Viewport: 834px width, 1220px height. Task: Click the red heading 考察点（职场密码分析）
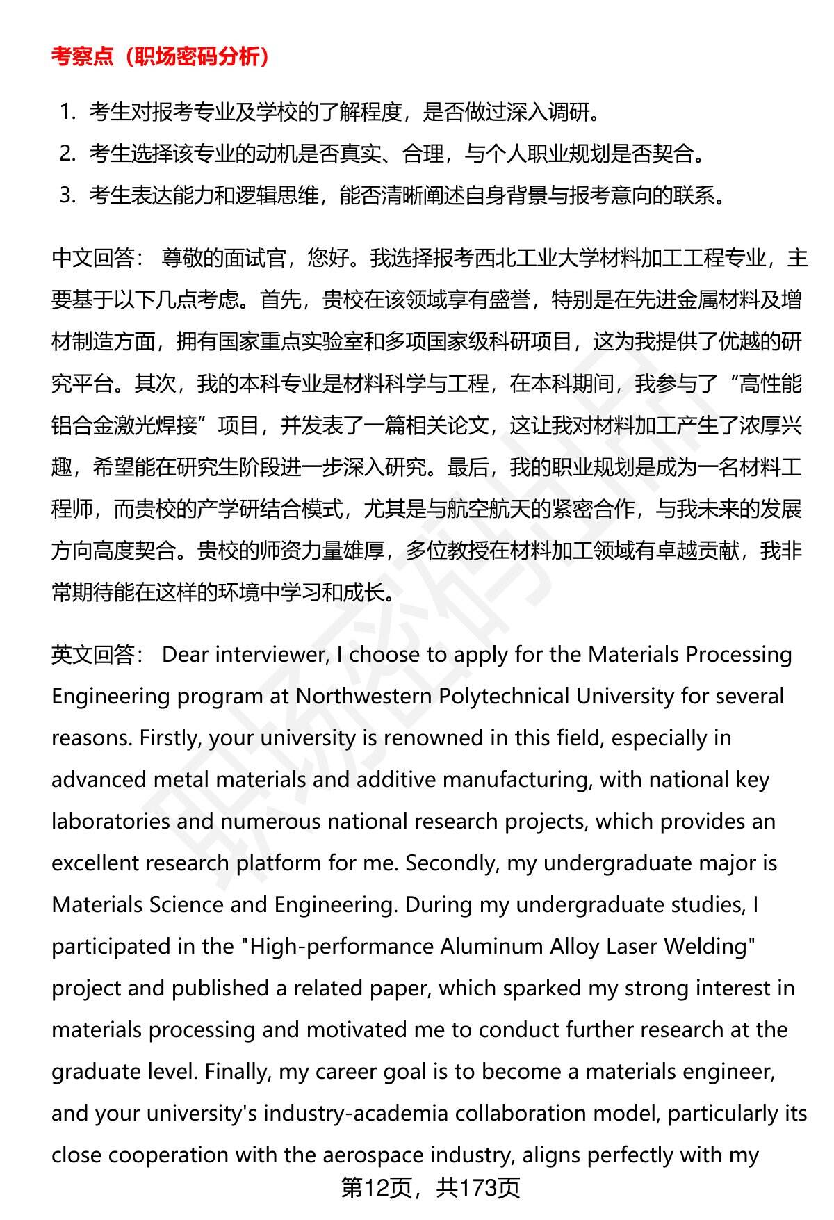(x=160, y=57)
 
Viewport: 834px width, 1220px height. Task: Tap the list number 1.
(x=66, y=112)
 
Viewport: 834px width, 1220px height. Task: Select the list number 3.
(x=66, y=195)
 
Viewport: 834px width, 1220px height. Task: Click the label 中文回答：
(x=97, y=259)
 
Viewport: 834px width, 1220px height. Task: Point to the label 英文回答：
(x=97, y=655)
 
